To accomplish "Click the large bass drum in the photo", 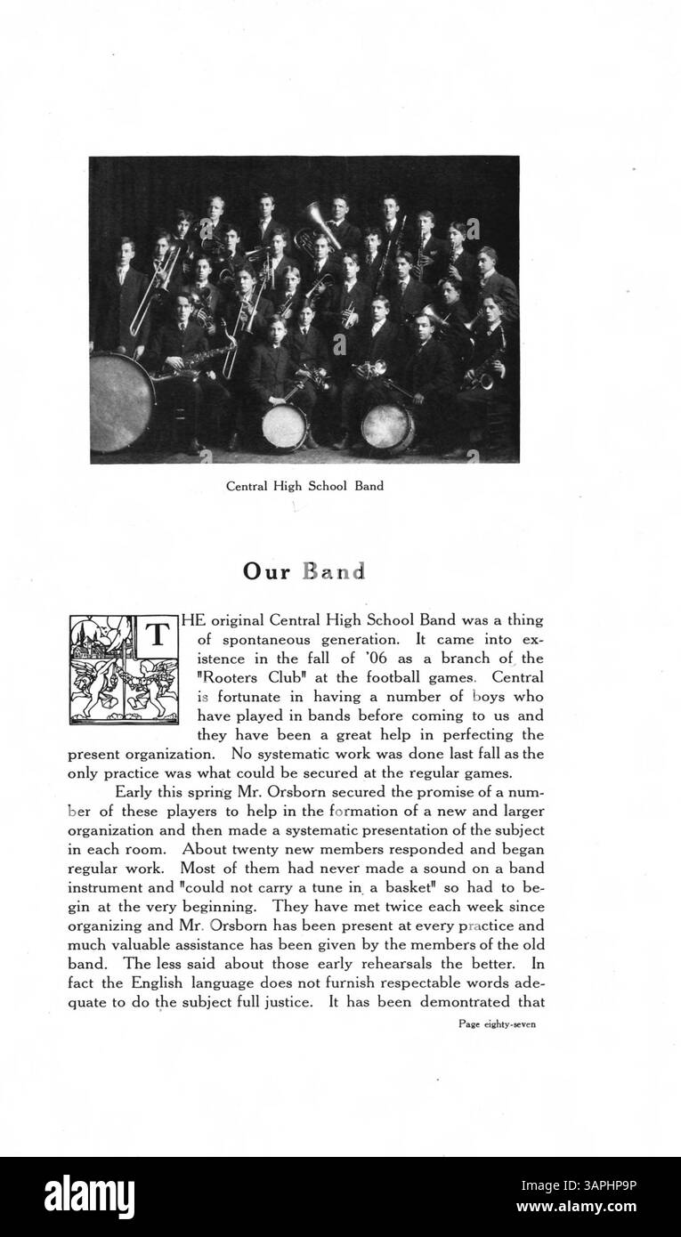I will tap(122, 401).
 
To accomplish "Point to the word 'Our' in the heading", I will tap(267, 571).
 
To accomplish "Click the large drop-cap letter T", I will tap(157, 636).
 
